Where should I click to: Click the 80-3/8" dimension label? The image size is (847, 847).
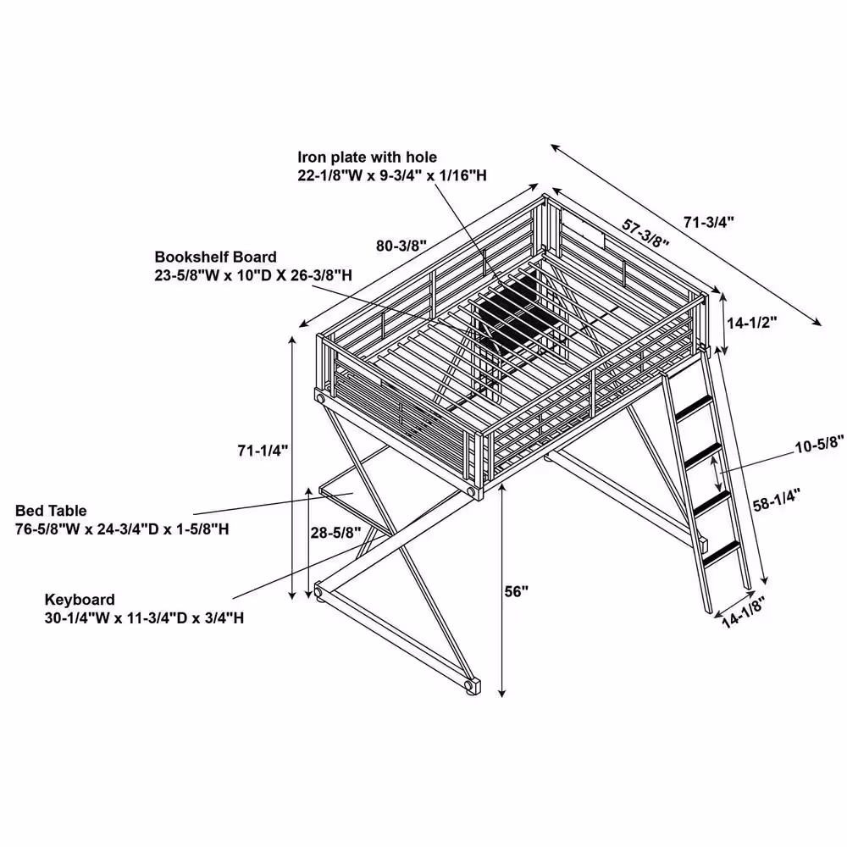[401, 246]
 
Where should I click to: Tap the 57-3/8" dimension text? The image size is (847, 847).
[645, 234]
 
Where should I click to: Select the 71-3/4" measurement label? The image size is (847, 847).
[709, 221]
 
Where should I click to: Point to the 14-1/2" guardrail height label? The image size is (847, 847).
[751, 323]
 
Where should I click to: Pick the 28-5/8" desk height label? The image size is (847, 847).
[335, 533]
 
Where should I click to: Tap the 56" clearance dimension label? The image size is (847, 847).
[517, 591]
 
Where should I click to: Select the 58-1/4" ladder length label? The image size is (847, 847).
[776, 499]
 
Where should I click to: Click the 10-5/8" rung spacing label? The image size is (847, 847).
[819, 445]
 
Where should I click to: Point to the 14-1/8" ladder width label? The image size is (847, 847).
[744, 613]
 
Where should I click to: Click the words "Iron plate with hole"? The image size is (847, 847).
[368, 158]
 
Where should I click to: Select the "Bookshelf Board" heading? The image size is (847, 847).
[215, 257]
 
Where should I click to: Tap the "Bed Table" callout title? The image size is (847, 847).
[51, 511]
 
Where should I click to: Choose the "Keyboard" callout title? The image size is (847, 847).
[80, 600]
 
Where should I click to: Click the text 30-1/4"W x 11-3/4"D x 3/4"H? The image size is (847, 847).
[144, 618]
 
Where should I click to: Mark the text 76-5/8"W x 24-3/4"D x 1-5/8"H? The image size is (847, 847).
[122, 529]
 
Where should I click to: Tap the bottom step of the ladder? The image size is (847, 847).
[721, 553]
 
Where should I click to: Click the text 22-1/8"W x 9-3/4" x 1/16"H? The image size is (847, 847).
[392, 175]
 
